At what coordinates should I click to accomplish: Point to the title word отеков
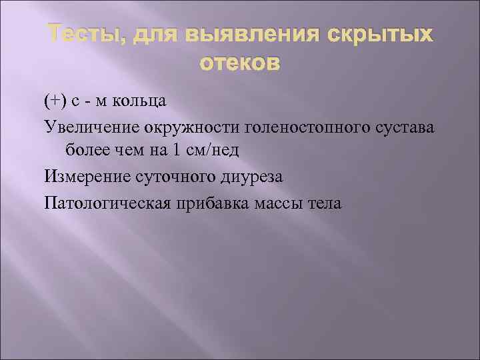pos(240,65)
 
